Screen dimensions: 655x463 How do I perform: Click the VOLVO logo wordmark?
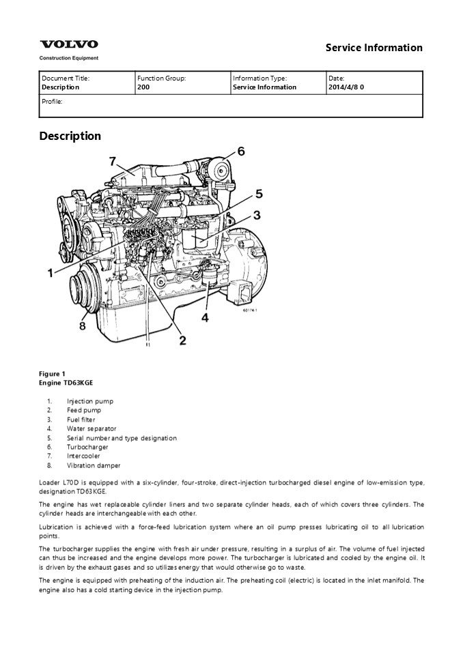point(68,44)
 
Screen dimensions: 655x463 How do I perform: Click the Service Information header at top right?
point(374,48)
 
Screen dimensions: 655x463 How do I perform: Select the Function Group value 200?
point(143,87)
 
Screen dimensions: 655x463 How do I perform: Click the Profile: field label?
point(52,101)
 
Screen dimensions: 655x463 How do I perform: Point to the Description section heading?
point(70,136)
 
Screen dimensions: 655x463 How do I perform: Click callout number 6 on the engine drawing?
point(240,151)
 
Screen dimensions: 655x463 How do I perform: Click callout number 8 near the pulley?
point(83,325)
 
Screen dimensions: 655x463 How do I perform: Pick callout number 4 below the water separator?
point(204,317)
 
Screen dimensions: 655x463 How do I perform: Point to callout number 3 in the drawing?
point(257,216)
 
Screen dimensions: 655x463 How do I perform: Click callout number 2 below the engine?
point(182,339)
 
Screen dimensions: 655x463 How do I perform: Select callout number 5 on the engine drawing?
point(259,193)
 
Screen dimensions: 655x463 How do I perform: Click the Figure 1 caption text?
point(53,373)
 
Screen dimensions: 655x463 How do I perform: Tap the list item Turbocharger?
point(87,447)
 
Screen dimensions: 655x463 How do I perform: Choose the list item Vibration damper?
point(94,465)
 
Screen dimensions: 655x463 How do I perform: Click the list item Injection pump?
point(90,401)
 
